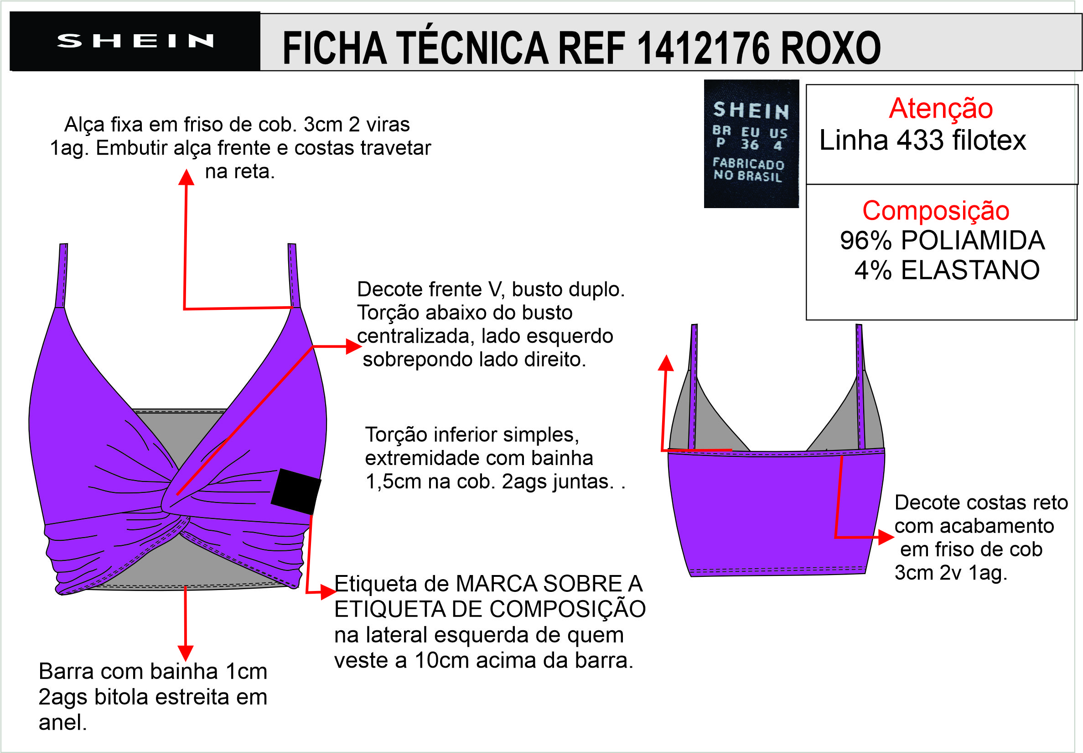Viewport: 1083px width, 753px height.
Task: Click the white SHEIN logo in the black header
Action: point(135,41)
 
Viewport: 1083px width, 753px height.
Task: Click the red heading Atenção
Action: point(941,108)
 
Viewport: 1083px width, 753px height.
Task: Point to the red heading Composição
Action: point(936,210)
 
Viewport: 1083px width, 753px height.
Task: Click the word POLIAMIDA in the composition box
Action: point(973,240)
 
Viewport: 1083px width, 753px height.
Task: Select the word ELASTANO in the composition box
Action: point(970,270)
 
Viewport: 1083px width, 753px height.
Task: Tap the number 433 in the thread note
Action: point(920,140)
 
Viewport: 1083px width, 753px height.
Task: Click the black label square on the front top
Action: point(295,491)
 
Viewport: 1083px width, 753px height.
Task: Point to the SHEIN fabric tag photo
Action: point(751,143)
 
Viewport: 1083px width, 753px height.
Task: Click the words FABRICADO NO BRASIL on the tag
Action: point(748,170)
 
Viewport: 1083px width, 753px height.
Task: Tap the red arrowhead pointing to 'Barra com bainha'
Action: point(186,653)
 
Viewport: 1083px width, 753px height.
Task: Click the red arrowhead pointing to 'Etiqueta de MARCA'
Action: point(329,591)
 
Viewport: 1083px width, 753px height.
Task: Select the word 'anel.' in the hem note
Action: point(63,722)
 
